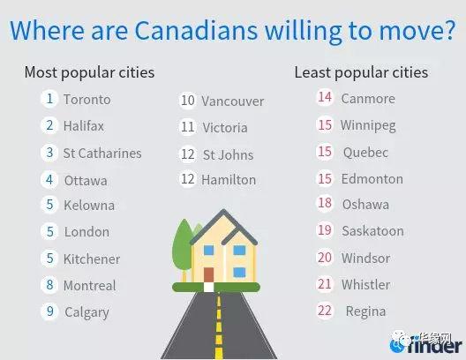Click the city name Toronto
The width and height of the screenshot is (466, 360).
(87, 100)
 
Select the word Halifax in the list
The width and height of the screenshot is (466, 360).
(84, 125)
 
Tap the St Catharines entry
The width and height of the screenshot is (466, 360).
(102, 154)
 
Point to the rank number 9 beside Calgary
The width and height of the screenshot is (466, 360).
(50, 311)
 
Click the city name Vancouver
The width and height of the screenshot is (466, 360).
(233, 101)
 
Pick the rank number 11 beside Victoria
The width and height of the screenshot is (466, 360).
(187, 127)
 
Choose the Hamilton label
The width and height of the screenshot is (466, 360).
(229, 180)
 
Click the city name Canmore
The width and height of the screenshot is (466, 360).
(368, 99)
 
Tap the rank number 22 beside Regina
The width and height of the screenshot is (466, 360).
(325, 311)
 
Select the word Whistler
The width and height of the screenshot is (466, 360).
(366, 284)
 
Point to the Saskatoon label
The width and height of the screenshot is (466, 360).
(372, 231)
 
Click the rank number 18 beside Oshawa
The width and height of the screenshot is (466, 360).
(325, 203)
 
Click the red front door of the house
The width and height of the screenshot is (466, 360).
(208, 274)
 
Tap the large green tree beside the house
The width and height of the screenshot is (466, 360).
(182, 245)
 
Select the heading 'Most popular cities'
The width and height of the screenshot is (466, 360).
(89, 72)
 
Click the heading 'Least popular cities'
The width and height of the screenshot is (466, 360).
(361, 72)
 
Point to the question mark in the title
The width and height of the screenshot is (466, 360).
(448, 30)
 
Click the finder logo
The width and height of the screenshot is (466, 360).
(426, 345)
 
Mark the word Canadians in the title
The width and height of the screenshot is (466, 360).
(196, 30)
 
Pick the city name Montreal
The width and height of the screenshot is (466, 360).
(90, 286)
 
